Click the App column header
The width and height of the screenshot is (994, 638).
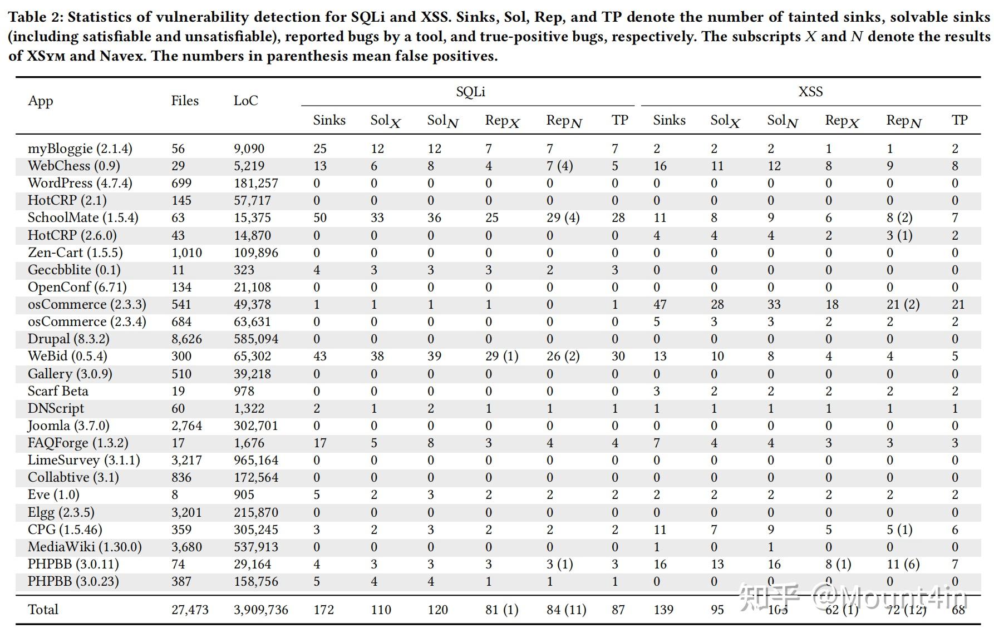41,101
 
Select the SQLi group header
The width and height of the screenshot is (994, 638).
470,92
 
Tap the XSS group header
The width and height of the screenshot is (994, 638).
810,92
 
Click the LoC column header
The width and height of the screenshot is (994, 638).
245,101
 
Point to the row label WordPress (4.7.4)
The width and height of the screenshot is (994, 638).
80,183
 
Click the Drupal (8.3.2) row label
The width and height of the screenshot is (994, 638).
68,339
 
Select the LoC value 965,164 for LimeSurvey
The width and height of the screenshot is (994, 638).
256,460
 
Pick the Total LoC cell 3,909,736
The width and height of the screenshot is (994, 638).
261,610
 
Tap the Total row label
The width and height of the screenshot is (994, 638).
43,610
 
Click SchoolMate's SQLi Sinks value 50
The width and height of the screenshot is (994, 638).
320,217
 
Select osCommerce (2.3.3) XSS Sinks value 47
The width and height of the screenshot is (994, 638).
660,304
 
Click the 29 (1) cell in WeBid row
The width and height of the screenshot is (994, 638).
501,356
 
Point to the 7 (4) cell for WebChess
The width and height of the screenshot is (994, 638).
559,166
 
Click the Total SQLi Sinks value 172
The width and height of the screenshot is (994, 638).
323,610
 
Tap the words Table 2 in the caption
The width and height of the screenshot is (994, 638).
35,17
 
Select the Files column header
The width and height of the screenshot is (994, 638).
185,101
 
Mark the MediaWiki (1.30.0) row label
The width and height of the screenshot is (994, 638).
85,547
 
